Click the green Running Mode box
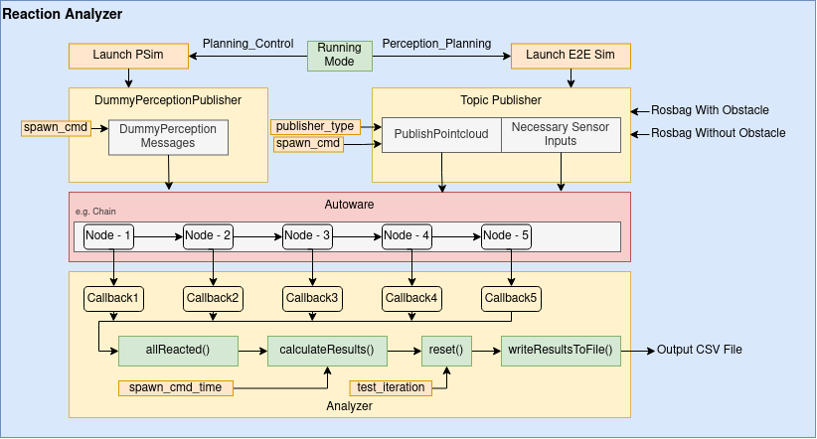pyautogui.click(x=340, y=55)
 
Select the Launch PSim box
pyautogui.click(x=129, y=55)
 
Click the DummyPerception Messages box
pyautogui.click(x=168, y=137)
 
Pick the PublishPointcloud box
pyautogui.click(x=441, y=135)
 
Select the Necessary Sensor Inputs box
pyautogui.click(x=561, y=135)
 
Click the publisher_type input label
pyautogui.click(x=314, y=126)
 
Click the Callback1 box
pyautogui.click(x=113, y=297)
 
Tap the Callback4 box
pyautogui.click(x=411, y=297)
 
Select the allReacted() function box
pyautogui.click(x=178, y=351)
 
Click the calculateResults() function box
pyautogui.click(x=326, y=351)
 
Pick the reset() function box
pyautogui.click(x=445, y=351)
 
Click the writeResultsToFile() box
pyautogui.click(x=561, y=351)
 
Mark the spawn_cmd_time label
pyautogui.click(x=175, y=387)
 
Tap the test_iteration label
pyautogui.click(x=390, y=387)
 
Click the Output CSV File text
pyautogui.click(x=699, y=351)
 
